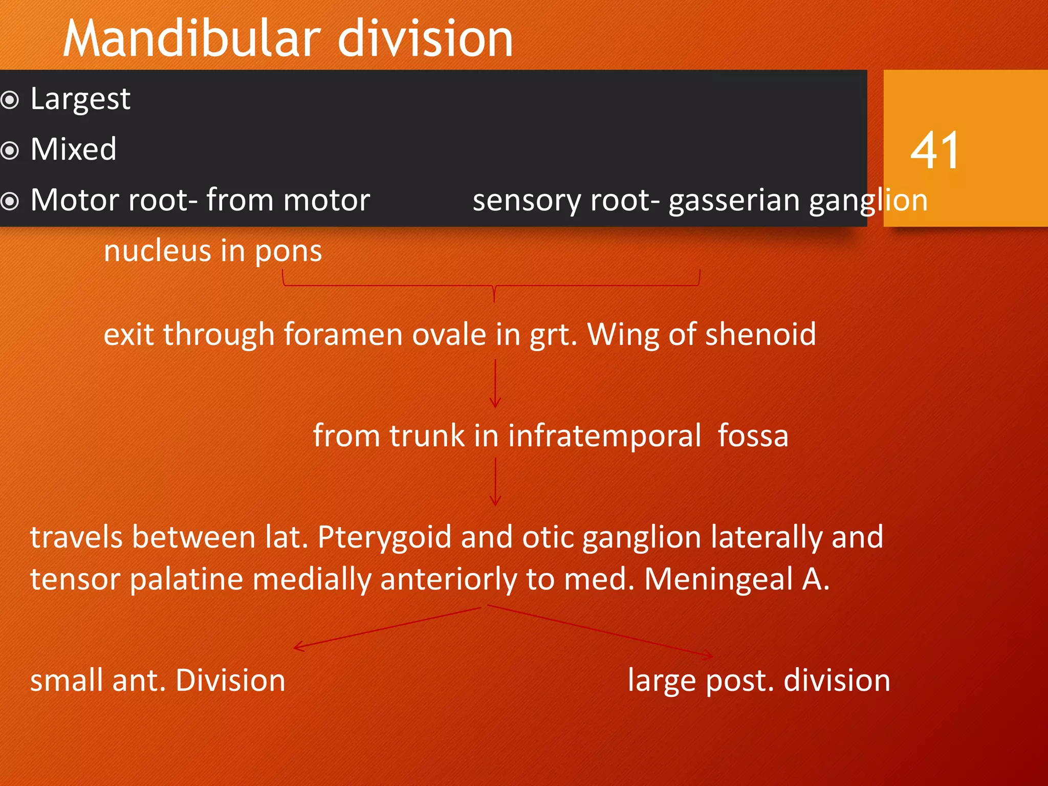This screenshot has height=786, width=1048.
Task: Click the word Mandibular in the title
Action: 192,38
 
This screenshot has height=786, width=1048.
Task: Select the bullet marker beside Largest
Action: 10,100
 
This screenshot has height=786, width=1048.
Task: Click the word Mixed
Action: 73,149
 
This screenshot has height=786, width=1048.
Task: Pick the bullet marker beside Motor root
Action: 10,201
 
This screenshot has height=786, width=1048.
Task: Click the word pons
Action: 288,251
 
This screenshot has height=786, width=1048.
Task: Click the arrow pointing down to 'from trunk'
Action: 495,383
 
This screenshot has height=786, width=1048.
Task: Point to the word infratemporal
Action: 604,436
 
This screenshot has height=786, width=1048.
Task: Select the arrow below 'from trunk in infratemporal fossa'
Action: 495,482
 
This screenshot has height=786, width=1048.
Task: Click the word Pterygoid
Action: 384,538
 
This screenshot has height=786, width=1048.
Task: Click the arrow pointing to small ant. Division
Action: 384,628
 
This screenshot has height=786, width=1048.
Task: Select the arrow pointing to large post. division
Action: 599,631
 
